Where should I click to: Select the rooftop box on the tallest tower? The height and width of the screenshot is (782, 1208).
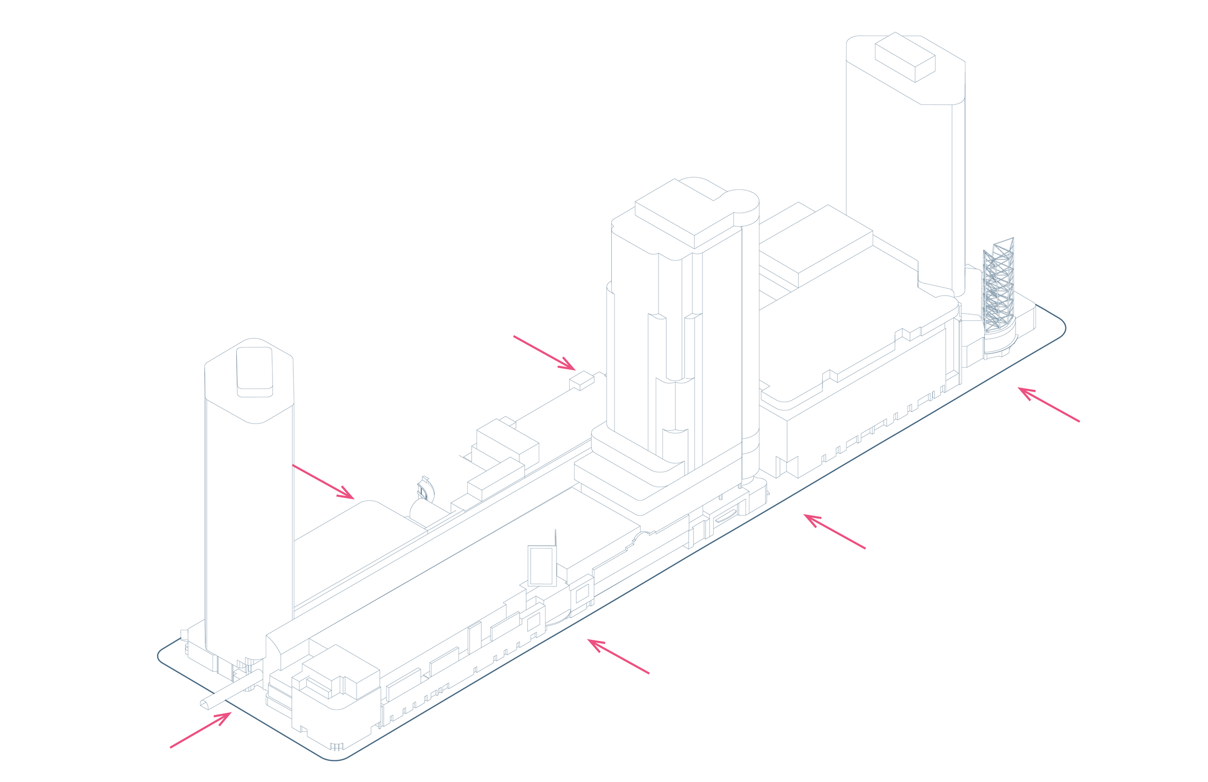point(906,57)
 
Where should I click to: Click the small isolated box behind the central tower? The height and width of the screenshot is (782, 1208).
point(582,380)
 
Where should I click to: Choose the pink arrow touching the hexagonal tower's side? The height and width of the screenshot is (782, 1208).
point(323,481)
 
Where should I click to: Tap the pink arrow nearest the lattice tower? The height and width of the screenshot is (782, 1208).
point(1048,404)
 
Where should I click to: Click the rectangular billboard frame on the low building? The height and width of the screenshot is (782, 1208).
point(542,565)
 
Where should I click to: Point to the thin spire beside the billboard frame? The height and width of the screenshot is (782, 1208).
point(556,541)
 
